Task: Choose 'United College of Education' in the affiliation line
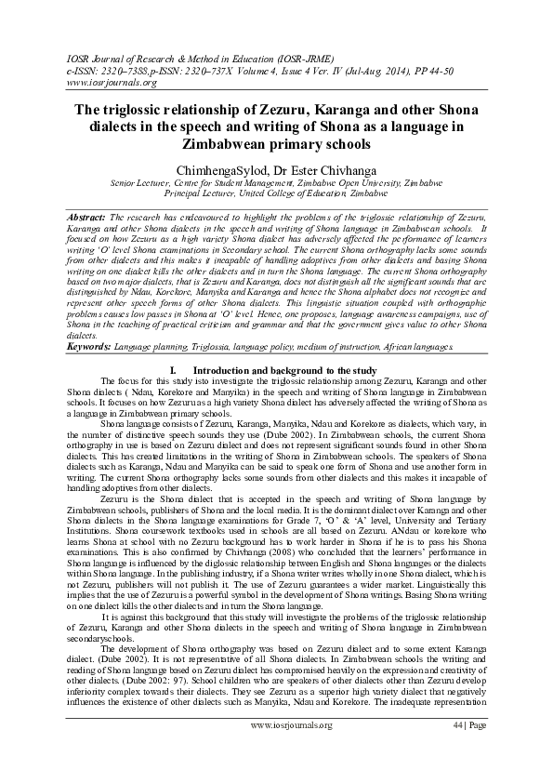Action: coord(278,194)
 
